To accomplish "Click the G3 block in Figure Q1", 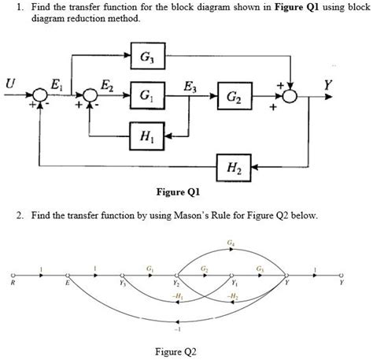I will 147,58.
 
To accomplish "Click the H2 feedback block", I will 234,167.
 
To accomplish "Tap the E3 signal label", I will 190,85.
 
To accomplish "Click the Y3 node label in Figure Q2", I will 123,284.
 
